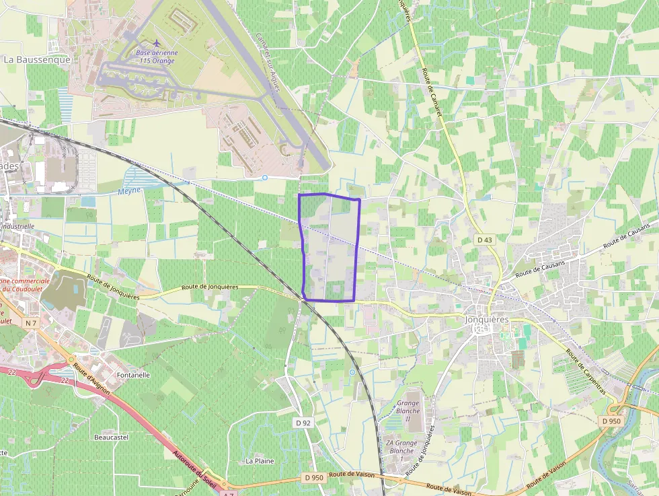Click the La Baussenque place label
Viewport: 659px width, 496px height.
37,59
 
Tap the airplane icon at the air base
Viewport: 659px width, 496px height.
157,44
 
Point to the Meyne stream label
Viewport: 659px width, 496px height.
130,190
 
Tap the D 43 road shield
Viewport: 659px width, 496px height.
485,240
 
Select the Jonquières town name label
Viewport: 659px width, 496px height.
487,320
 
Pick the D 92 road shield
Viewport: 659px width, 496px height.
304,423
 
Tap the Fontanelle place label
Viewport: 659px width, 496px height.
133,376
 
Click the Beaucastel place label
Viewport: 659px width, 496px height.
111,437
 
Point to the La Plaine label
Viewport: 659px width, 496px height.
260,461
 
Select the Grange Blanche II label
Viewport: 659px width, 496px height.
408,411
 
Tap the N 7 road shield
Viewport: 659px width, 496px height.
30,324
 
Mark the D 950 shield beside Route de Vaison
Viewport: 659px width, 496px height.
314,477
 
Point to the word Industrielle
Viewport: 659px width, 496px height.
17,227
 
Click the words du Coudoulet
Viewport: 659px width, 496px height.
26,289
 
